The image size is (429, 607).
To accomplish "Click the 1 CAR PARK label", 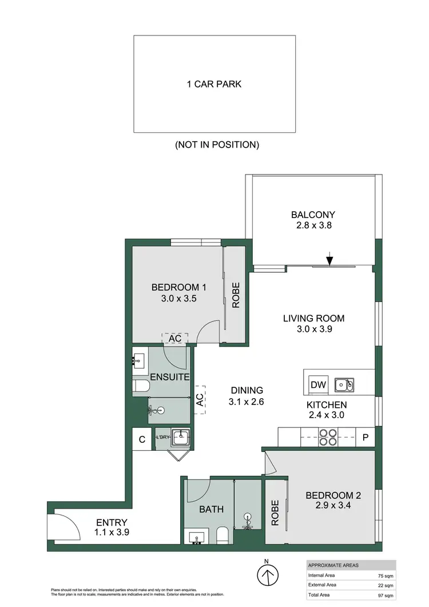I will [214, 84].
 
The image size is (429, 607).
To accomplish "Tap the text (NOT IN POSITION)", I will [217, 145].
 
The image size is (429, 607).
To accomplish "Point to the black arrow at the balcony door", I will [329, 260].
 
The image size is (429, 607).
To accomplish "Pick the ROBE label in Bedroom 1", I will [236, 296].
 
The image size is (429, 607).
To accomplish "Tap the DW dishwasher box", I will [318, 385].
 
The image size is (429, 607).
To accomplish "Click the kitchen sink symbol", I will [344, 385].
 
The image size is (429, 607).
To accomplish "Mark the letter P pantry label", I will [365, 438].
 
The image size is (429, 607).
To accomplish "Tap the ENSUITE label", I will [170, 377].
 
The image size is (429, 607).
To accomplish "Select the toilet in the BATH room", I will [223, 536].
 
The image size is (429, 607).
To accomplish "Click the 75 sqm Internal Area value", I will [385, 575].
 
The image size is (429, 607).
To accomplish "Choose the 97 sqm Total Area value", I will [385, 596].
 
